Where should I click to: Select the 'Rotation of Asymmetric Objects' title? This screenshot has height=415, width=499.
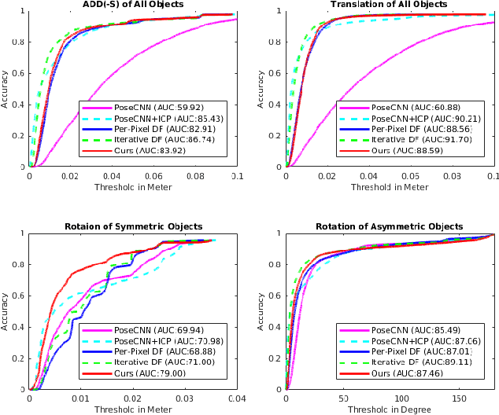point(389,227)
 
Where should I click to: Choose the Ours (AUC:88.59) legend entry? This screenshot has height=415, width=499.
point(408,150)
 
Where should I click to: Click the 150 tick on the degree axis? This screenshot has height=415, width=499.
point(460,398)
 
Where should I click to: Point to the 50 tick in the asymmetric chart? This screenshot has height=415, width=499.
point(343,398)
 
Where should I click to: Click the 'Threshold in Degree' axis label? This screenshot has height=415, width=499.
point(389,409)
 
